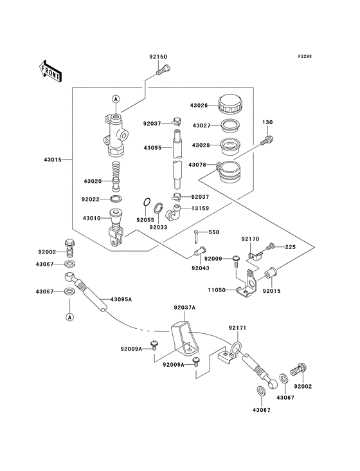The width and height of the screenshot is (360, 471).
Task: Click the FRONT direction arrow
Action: [x=50, y=71]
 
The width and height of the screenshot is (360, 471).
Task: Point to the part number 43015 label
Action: [x=54, y=160]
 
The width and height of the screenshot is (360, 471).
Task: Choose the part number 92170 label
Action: [x=250, y=239]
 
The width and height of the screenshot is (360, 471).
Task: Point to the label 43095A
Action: [x=121, y=299]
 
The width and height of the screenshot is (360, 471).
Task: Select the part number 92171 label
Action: [x=237, y=329]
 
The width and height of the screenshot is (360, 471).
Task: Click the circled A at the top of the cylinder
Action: [x=116, y=98]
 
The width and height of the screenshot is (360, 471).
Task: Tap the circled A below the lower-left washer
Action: [x=69, y=317]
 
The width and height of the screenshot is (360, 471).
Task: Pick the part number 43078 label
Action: [x=197, y=165]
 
